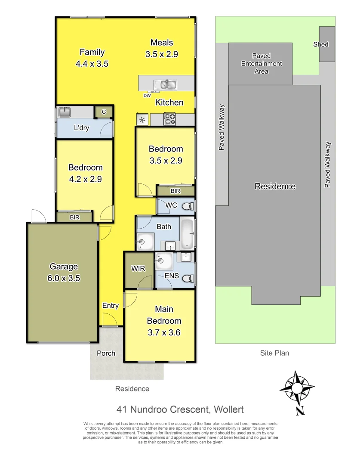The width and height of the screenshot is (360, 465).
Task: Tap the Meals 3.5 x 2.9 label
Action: tap(162, 48)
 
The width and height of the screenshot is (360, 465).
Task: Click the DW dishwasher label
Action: tap(147, 95)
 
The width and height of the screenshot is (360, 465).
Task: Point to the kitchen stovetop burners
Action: tap(169, 118)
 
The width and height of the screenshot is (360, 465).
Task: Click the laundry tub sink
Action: tap(65, 112)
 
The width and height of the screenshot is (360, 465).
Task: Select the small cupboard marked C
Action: tap(104, 112)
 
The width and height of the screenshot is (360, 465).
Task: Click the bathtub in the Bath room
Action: tap(187, 235)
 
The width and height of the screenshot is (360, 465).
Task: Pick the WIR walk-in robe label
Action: tap(138, 268)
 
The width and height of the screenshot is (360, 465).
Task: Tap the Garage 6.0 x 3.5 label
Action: tap(64, 272)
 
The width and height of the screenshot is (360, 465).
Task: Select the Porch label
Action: tap(106, 353)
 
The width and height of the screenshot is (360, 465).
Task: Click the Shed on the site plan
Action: tap(326, 44)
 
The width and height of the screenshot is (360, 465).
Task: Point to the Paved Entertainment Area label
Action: tap(262, 64)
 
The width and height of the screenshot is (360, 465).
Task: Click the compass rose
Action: tap(297, 387)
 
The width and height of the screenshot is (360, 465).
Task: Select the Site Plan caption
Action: tap(274, 353)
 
